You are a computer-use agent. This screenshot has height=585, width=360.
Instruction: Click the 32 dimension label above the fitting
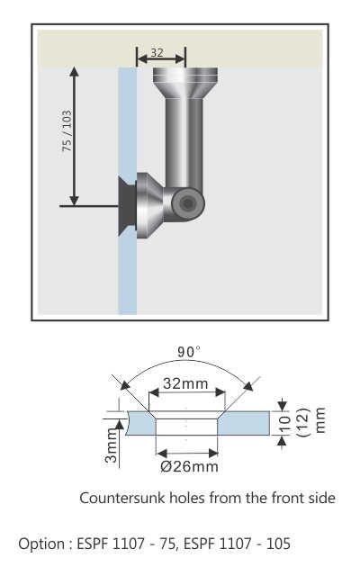tap(157, 53)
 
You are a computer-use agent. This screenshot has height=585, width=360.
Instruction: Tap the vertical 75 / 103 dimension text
tap(67, 131)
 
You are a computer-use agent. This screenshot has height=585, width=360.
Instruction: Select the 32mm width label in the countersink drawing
tap(185, 383)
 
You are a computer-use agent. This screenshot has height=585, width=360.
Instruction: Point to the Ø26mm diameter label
tap(188, 466)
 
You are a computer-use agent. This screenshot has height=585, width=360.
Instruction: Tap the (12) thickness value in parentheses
tap(304, 423)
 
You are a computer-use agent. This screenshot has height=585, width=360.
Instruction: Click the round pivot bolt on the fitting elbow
tap(186, 204)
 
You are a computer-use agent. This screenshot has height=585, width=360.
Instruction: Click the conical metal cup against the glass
tap(149, 206)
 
